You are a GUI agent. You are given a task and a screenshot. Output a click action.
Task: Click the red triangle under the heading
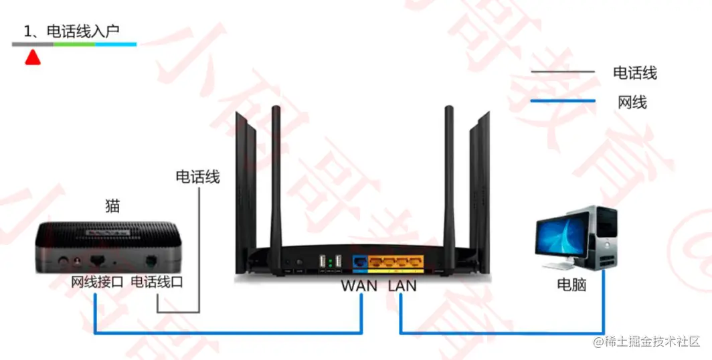[x=33, y=58]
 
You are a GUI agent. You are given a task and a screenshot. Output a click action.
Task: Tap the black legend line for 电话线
[x=563, y=72]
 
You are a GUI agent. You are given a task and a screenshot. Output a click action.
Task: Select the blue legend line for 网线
[x=563, y=101]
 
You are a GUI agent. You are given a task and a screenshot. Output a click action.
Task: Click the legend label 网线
[x=632, y=102]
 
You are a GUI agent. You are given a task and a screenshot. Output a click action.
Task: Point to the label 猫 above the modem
[x=112, y=205]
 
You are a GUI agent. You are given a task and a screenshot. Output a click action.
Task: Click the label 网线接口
[x=97, y=282]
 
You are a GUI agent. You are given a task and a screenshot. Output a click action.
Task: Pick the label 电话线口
[x=157, y=282]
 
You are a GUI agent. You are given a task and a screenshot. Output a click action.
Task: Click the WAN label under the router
[x=361, y=286]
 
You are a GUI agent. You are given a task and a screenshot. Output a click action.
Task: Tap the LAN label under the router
[x=402, y=286]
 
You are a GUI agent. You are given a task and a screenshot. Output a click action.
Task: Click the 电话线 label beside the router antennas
[x=197, y=177]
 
